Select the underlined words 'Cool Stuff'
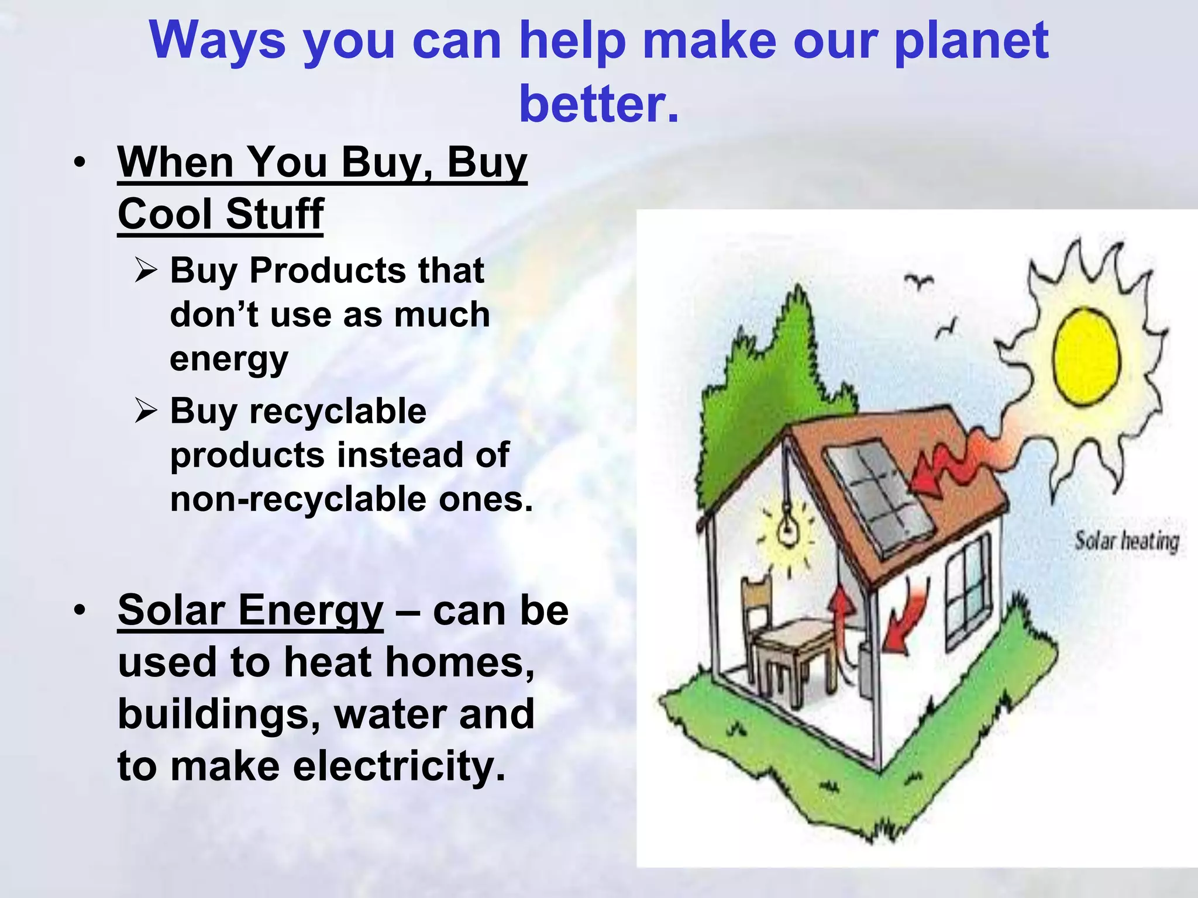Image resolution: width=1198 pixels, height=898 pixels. pyautogui.click(x=221, y=214)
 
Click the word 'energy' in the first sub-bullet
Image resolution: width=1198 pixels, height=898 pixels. pyautogui.click(x=229, y=360)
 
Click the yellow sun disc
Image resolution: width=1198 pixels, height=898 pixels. pyautogui.click(x=1086, y=357)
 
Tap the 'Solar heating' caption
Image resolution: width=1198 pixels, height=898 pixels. pyautogui.click(x=1126, y=541)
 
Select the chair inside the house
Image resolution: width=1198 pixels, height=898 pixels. pyautogui.click(x=758, y=608)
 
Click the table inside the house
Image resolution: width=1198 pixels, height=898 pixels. pyautogui.click(x=796, y=649)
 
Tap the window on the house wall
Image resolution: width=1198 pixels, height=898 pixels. pyautogui.click(x=968, y=590)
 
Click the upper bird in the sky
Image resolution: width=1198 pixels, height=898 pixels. pyautogui.click(x=919, y=281)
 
